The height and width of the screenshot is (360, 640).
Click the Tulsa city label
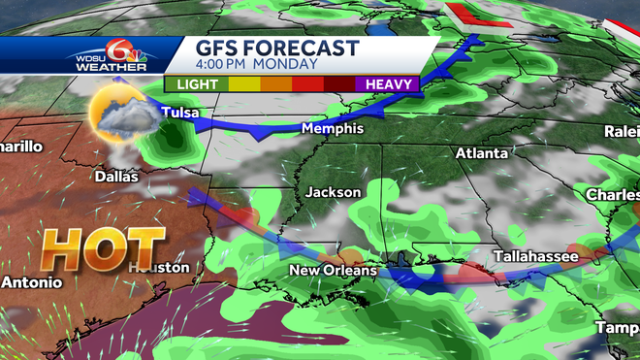[180, 114]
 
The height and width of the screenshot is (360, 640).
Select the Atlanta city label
[482, 153]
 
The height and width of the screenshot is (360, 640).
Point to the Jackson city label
[333, 192]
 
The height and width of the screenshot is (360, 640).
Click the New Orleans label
[333, 270]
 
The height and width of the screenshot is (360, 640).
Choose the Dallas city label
[116, 177]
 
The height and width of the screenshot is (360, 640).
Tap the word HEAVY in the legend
[392, 84]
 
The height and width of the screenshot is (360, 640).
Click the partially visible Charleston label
[612, 195]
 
